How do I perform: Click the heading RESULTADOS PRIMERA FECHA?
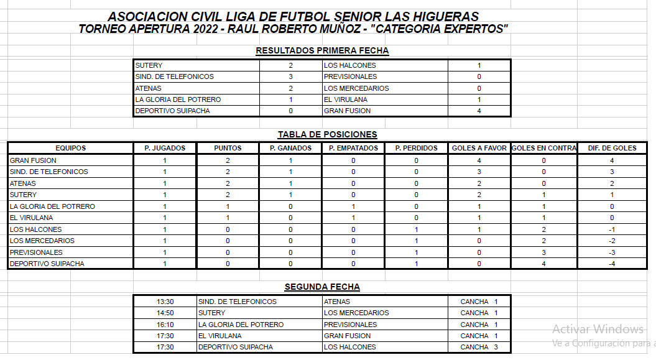(322, 51)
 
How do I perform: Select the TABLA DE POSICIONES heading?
(327, 134)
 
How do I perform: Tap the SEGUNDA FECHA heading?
(322, 287)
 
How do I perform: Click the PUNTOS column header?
(228, 148)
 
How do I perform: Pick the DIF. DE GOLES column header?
(612, 148)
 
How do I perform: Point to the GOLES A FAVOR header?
(479, 148)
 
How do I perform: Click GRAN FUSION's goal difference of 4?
(612, 160)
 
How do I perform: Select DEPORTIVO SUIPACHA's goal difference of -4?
(612, 264)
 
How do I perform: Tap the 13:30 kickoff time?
(165, 302)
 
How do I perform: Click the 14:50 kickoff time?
(165, 313)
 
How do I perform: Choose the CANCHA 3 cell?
(479, 347)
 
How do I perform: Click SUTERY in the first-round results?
(149, 65)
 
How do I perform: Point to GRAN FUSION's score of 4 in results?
(479, 111)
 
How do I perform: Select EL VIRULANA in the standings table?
(31, 218)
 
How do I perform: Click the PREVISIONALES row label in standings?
(36, 252)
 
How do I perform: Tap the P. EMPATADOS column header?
(353, 148)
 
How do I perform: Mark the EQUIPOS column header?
(70, 148)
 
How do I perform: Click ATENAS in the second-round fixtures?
(337, 302)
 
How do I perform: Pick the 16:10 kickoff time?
(165, 325)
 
